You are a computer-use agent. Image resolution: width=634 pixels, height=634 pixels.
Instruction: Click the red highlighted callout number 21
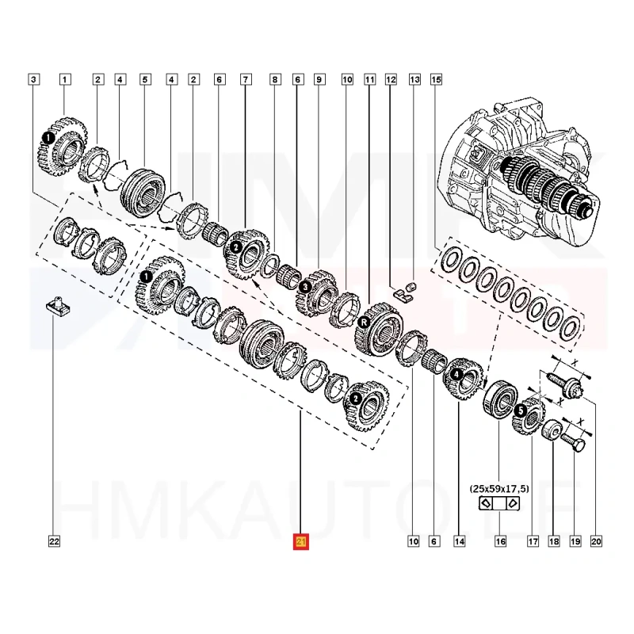pos(301,542)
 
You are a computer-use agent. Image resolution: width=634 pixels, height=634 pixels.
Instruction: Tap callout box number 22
pos(54,542)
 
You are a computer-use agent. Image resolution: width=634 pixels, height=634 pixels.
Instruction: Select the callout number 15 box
pos(436,79)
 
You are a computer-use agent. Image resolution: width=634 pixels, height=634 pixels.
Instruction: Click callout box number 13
pos(414,79)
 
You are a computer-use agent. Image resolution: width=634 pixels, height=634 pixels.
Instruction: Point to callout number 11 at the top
pos(369,79)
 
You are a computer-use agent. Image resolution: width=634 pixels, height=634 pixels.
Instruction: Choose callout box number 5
pos(145,79)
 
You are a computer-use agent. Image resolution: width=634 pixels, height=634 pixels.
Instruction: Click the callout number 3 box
pos(32,79)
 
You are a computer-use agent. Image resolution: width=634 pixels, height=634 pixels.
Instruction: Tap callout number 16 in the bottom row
pos(499,542)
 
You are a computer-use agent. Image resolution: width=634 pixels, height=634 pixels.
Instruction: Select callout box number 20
pos(597,542)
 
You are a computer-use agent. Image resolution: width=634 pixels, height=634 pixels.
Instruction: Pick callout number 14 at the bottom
pos(458,542)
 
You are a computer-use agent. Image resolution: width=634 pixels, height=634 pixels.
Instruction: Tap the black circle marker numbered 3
pos(305,285)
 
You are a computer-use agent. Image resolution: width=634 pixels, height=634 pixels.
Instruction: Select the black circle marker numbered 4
pos(456,373)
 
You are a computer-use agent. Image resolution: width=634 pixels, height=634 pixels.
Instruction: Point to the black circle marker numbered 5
pos(519,411)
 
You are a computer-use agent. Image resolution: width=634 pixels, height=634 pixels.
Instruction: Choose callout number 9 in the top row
pos(319,79)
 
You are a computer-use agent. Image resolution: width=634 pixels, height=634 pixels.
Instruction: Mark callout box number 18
pos(553,542)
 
